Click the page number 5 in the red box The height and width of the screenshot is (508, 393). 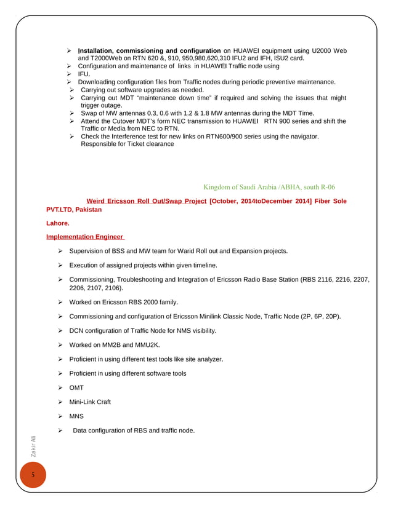pos(26,477)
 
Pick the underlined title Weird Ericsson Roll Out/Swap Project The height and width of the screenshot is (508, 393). pos(147,201)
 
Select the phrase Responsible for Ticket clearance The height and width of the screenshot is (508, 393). pos(128,145)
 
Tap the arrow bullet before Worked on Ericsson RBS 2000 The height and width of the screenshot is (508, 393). pos(61,303)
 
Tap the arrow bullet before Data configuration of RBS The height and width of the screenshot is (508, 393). pos(61,430)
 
